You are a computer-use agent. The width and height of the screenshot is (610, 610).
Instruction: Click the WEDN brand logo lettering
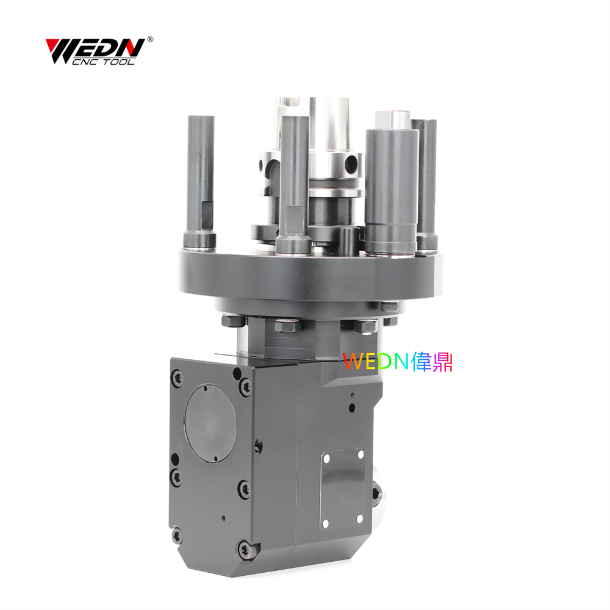[95, 48]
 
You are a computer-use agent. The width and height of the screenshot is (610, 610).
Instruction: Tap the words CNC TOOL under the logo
[103, 62]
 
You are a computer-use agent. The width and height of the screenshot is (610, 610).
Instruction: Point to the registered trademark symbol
[150, 39]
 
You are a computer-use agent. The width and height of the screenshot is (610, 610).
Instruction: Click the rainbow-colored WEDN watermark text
[398, 361]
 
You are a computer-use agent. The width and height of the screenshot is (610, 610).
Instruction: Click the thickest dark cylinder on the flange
[391, 190]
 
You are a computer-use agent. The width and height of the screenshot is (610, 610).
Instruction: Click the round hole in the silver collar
[351, 160]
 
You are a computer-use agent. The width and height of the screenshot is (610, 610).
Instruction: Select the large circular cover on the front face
[210, 423]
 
